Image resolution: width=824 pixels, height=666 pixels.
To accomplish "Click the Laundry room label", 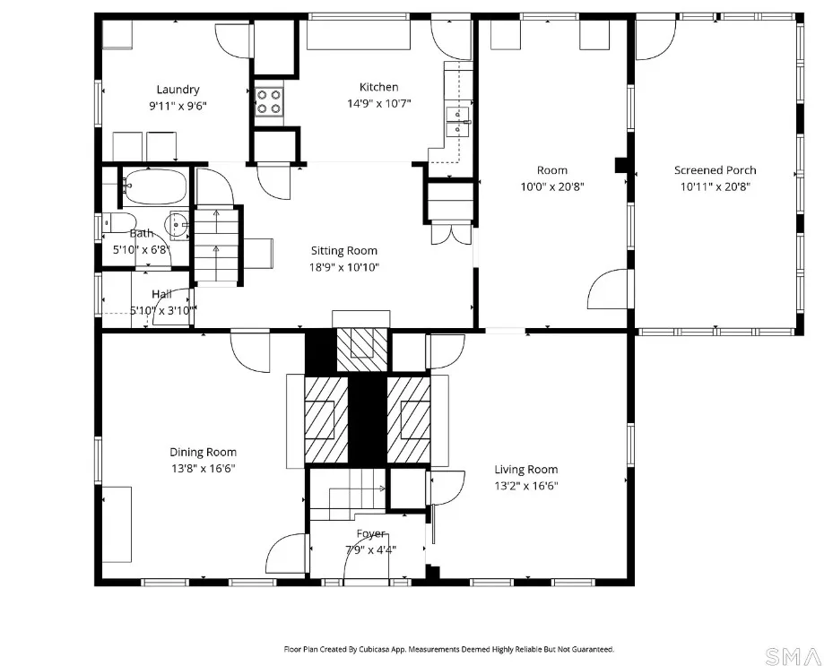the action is (x=178, y=90).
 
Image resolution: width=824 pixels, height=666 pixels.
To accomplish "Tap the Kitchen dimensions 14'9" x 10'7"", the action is (x=378, y=103).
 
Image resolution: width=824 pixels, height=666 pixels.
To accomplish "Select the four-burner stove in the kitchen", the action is (x=269, y=102).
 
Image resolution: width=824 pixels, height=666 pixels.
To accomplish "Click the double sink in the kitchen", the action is (x=457, y=121).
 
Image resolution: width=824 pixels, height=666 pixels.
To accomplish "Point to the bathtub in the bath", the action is (x=155, y=186).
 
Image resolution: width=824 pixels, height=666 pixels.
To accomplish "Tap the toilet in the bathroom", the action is (x=118, y=222).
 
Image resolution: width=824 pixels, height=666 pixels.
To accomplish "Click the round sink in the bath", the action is (x=177, y=225).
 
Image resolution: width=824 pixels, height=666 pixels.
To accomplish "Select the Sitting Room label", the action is (x=343, y=251).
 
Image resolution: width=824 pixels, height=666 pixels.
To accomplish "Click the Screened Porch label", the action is (x=715, y=170).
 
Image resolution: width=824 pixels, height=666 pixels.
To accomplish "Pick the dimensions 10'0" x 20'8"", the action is (x=551, y=186).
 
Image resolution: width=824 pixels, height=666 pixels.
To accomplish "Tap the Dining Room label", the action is (x=203, y=453).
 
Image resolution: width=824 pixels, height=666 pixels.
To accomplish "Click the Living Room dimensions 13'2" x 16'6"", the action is (x=526, y=486).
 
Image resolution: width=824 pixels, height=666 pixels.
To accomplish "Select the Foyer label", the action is (x=370, y=534).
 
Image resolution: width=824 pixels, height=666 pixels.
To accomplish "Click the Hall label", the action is (x=161, y=294).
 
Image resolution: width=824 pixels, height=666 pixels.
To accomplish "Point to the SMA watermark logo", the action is (x=793, y=656).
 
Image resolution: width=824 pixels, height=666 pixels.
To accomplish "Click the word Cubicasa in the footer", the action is (x=374, y=650).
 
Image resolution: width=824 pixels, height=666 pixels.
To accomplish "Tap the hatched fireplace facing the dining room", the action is (x=325, y=420).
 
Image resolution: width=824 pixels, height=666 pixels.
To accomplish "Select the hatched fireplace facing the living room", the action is (x=409, y=420).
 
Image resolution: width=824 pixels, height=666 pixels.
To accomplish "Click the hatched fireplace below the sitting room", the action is (x=362, y=350).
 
